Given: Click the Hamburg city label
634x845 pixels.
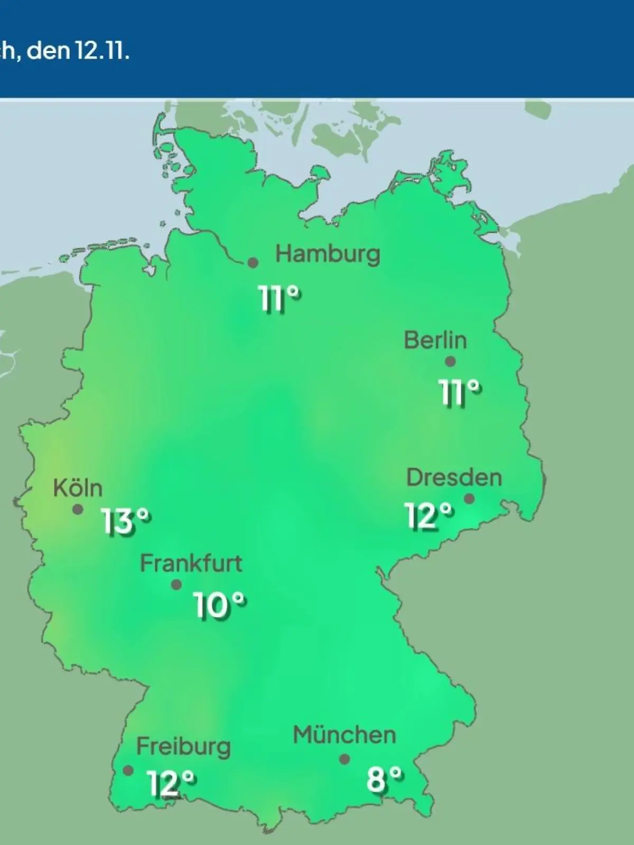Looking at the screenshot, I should (x=328, y=255).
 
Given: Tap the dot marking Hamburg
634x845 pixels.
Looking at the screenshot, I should (x=253, y=262).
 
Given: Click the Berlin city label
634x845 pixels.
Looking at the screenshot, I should (x=435, y=340).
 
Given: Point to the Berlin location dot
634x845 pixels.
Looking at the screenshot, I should (x=450, y=362).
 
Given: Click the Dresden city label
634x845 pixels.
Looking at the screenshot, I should (x=454, y=478).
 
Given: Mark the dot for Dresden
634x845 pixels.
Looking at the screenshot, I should (x=469, y=499).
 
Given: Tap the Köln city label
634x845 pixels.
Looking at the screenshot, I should (x=78, y=488).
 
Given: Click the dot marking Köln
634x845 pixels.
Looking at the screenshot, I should (x=78, y=510).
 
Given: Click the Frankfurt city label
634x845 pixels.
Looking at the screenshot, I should (x=191, y=564).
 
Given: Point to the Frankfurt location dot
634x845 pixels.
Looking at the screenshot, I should (x=176, y=585).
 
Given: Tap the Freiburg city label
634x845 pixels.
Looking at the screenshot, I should (x=183, y=747).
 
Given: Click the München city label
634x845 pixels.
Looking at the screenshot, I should (x=344, y=735).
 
